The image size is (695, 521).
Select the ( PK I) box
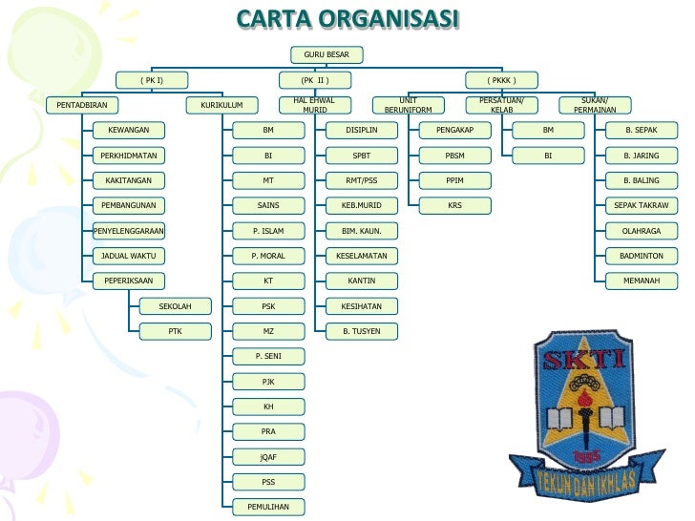click(152, 80)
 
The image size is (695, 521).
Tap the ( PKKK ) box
click(501, 80)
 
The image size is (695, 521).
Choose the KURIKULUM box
click(221, 105)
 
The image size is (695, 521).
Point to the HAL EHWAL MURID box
click(314, 105)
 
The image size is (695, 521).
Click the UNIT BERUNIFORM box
click(409, 105)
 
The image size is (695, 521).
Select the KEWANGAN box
click(128, 130)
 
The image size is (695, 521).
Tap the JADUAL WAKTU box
click(128, 256)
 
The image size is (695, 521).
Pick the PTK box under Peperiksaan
click(175, 331)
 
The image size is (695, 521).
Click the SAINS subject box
click(268, 205)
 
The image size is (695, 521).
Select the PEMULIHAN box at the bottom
click(268, 507)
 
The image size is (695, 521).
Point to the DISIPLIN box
click(362, 130)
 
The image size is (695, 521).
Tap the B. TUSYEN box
click(362, 331)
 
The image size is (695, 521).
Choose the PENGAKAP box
click(455, 130)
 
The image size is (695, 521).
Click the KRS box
click(455, 205)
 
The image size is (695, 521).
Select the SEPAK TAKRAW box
click(642, 205)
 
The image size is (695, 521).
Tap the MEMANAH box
click(642, 281)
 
